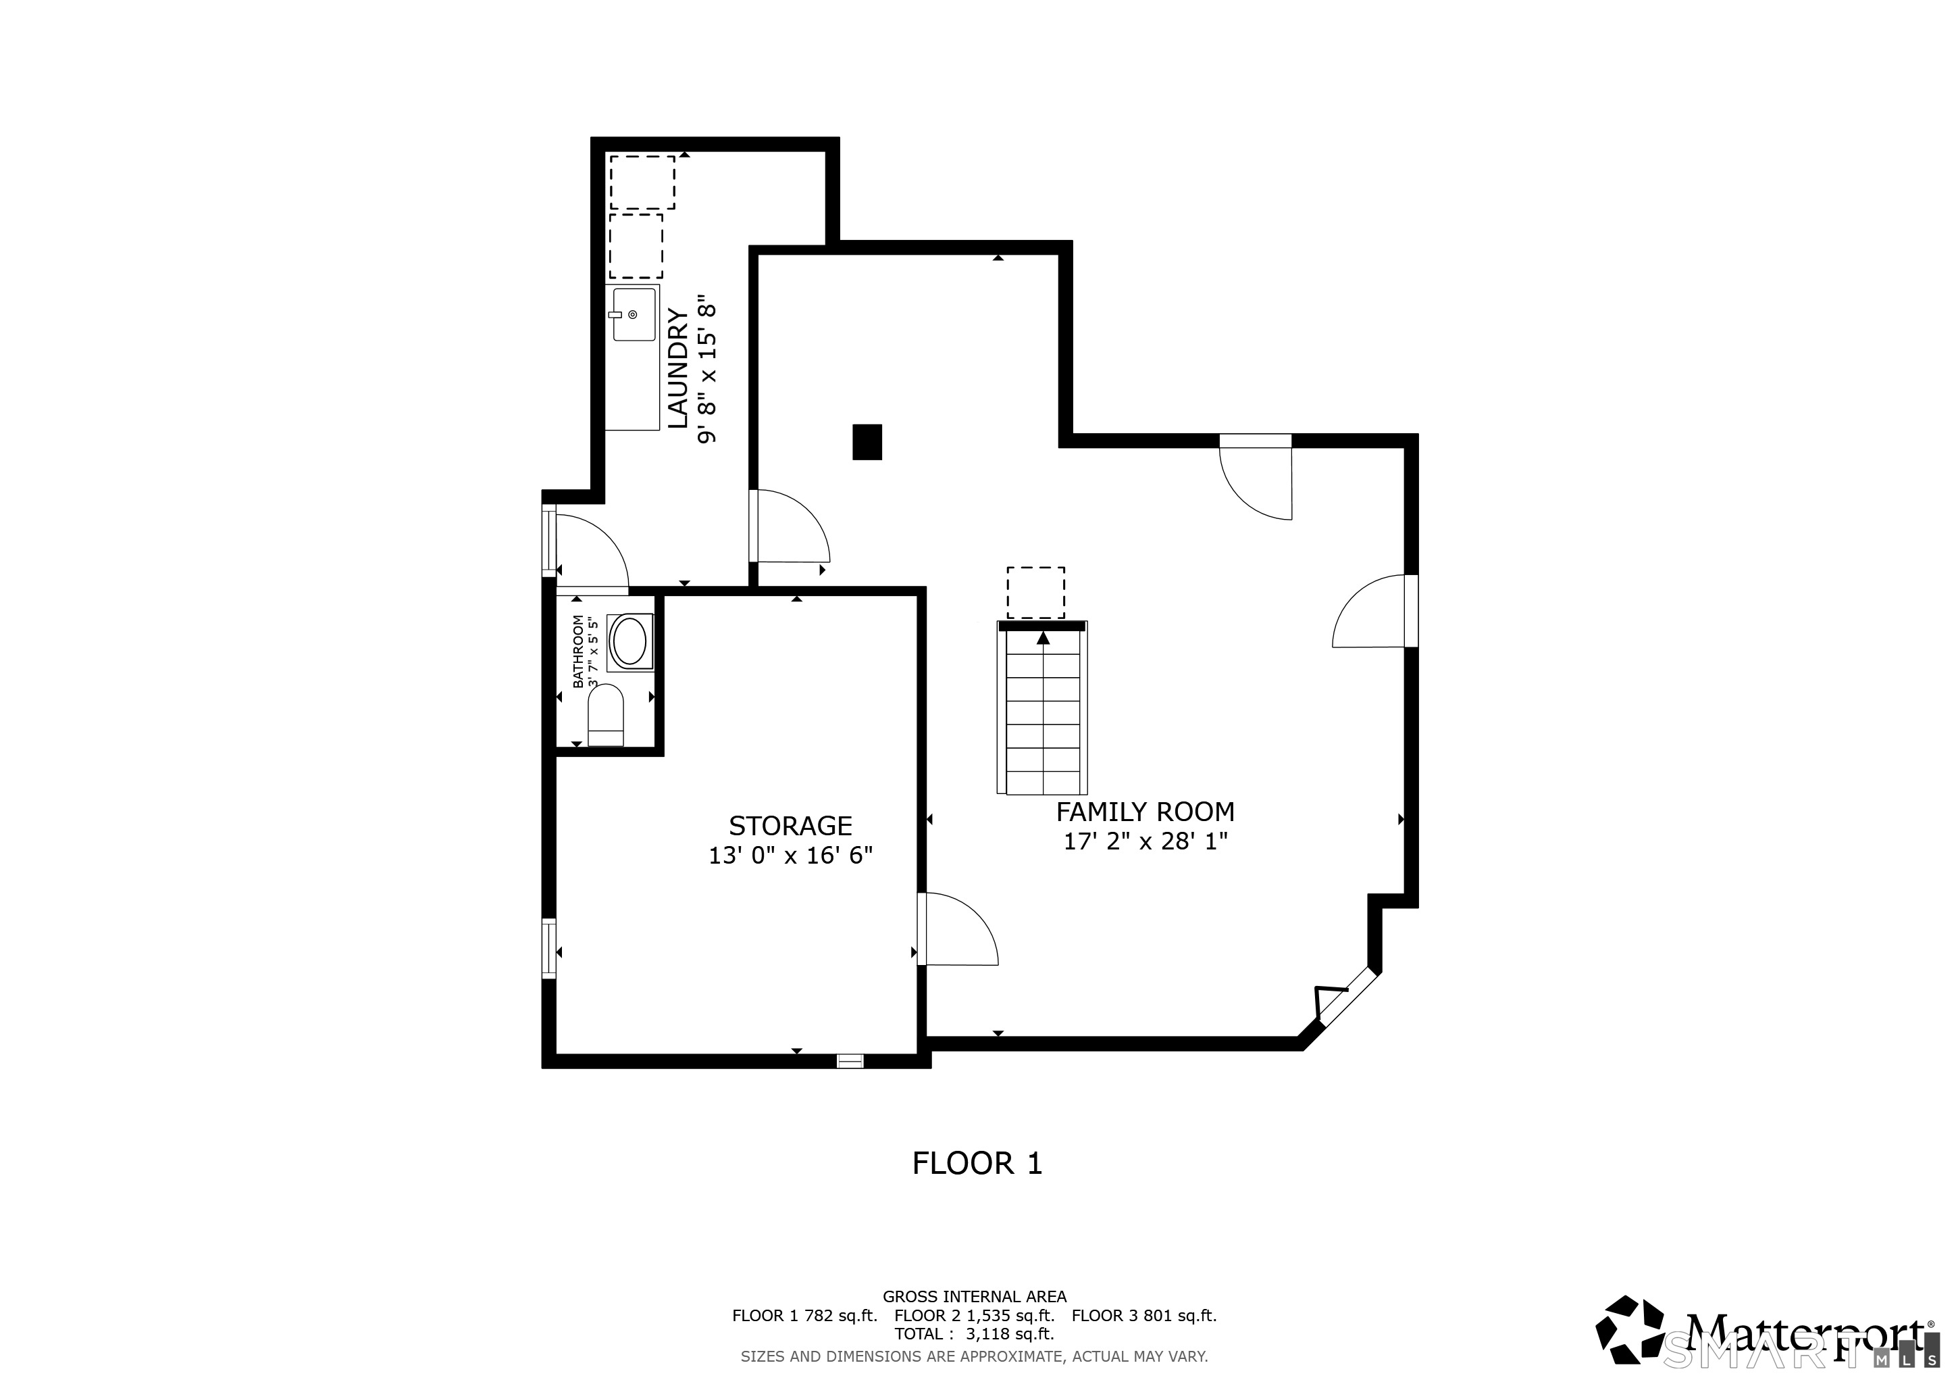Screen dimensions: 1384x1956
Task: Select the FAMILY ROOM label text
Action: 1145,812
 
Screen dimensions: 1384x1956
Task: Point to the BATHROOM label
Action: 578,652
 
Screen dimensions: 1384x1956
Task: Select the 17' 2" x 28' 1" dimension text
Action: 1145,841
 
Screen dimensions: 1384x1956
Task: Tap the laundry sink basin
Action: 634,314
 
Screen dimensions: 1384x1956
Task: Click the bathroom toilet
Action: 606,715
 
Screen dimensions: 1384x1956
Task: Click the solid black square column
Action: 867,443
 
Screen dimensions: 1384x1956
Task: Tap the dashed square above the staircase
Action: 1035,592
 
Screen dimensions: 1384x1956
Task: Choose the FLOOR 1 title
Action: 977,1163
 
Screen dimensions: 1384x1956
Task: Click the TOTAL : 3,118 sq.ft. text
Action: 974,1334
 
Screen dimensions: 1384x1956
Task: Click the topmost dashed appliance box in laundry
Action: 642,182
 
